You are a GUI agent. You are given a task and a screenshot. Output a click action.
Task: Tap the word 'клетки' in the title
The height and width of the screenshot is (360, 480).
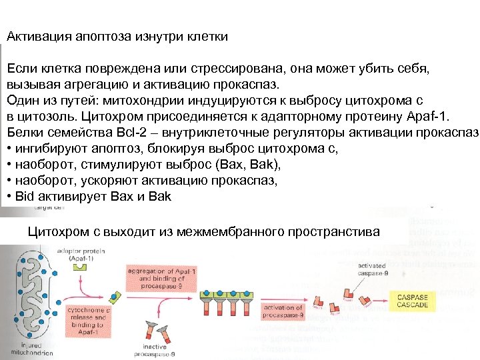coord(208,37)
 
